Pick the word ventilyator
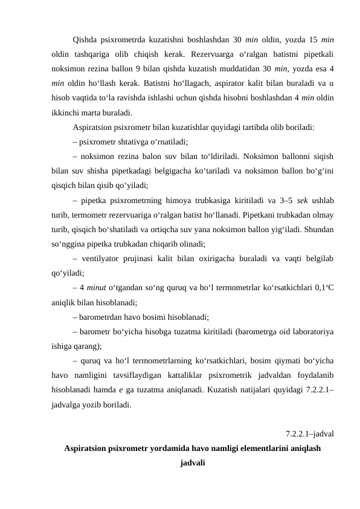(102, 258)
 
